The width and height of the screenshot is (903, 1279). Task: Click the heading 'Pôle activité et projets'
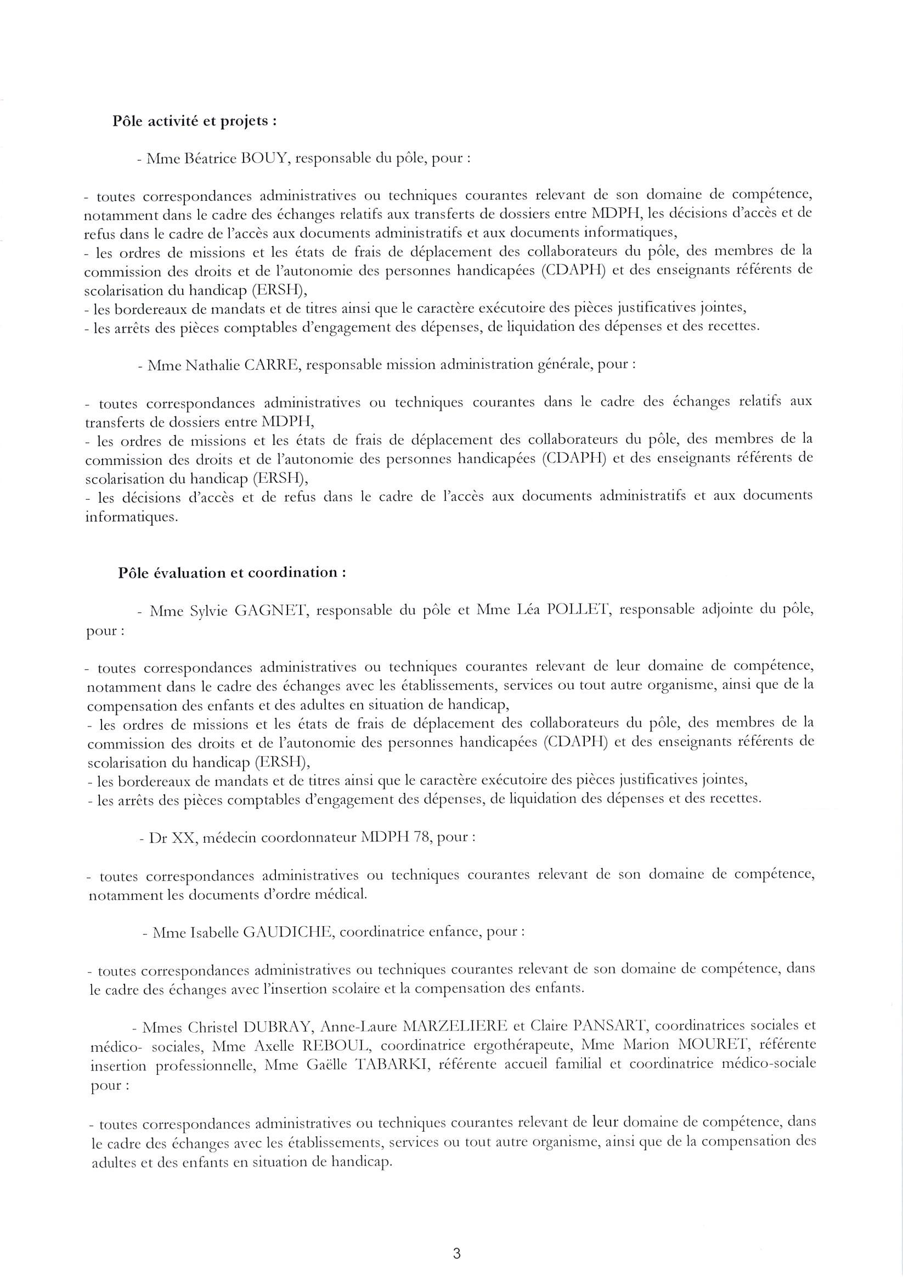194,122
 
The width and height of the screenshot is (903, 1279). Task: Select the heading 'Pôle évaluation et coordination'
232,573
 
